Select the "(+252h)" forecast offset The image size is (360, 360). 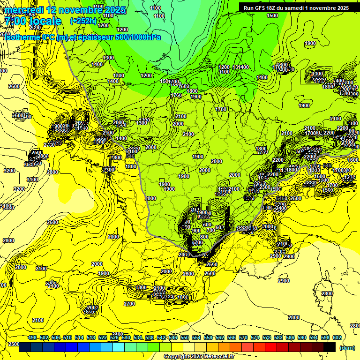[x=83, y=21]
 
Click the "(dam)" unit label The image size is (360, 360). [x=347, y=348]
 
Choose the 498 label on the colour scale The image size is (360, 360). [x=32, y=337]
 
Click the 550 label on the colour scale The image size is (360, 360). [x=185, y=337]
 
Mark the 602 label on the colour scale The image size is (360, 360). [x=337, y=337]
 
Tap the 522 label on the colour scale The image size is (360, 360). [x=103, y=337]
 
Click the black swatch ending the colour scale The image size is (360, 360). [x=330, y=347]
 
